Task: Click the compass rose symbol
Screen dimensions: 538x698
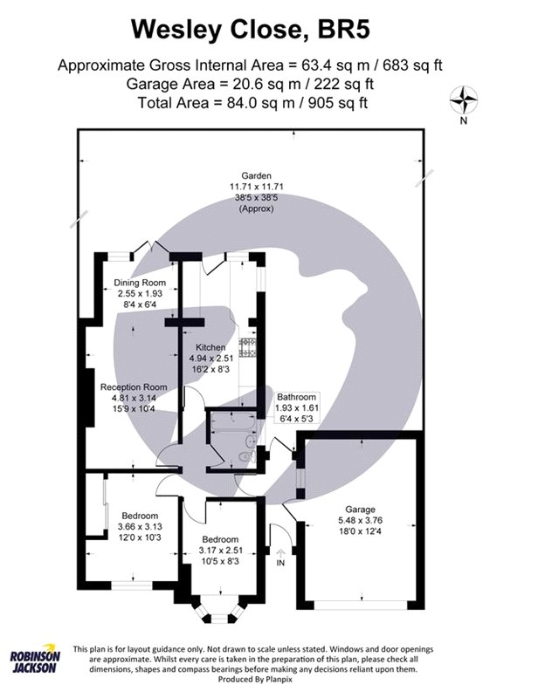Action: (x=463, y=100)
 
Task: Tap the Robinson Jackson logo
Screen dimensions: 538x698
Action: (x=35, y=659)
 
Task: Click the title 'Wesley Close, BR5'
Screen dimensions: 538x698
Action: (x=251, y=31)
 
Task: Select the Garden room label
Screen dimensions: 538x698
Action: (x=256, y=176)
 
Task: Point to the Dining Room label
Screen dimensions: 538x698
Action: (x=140, y=283)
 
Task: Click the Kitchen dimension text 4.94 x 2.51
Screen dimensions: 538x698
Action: (x=211, y=359)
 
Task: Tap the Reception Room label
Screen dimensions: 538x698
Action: (x=134, y=387)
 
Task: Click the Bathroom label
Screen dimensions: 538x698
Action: (x=296, y=397)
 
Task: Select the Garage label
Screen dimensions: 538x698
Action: (x=360, y=510)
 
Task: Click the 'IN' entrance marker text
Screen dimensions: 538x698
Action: (x=280, y=563)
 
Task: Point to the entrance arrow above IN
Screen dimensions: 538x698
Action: (x=280, y=553)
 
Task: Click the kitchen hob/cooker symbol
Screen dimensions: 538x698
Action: (x=248, y=347)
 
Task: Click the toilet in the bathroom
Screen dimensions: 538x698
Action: (x=246, y=456)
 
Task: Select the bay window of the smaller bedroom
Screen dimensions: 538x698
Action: (x=219, y=609)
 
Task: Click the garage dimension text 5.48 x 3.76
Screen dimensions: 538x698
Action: (x=360, y=520)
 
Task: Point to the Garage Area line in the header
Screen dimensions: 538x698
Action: (x=250, y=84)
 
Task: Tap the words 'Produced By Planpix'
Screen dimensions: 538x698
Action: (x=255, y=680)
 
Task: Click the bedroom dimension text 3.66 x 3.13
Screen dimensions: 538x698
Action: (x=140, y=527)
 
